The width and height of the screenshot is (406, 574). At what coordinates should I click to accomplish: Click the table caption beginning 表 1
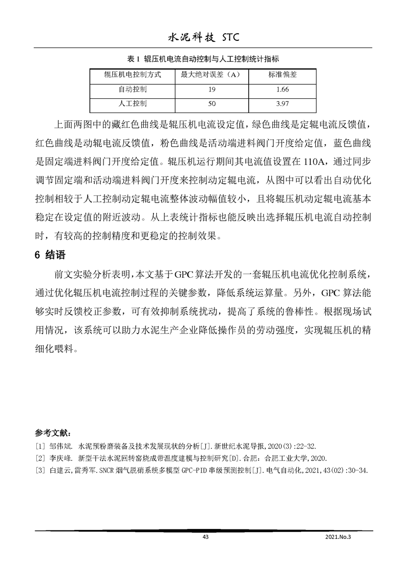202,59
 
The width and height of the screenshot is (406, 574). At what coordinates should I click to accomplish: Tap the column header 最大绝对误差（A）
210,75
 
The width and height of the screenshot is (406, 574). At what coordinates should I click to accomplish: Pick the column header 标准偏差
282,75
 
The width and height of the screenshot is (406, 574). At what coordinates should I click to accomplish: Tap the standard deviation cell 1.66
282,90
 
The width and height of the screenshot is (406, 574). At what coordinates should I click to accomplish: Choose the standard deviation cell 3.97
282,104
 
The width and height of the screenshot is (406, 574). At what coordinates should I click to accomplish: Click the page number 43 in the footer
206,537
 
